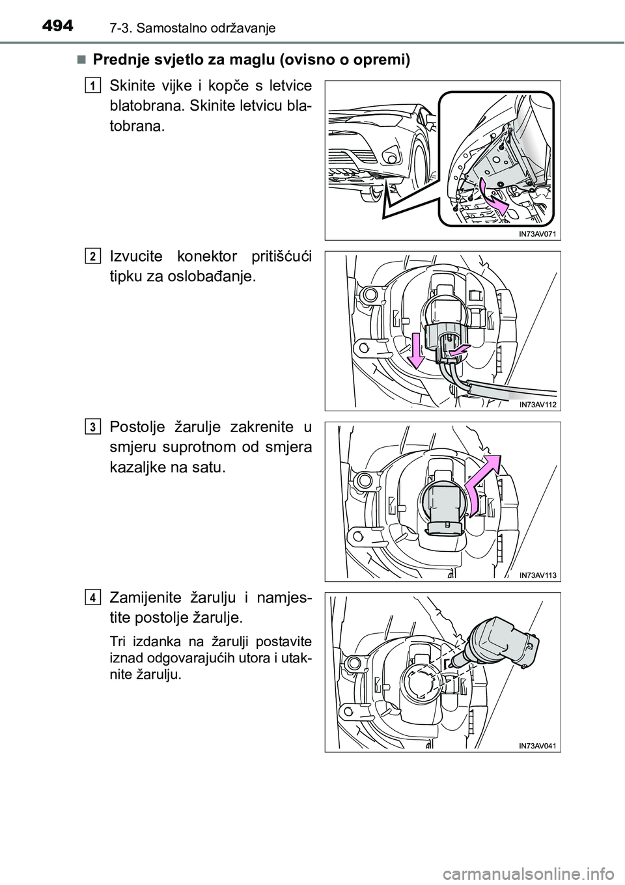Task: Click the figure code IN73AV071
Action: tap(537, 234)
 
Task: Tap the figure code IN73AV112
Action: tap(537, 404)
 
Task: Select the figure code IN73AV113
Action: tap(537, 575)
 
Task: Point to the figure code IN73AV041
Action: tap(537, 746)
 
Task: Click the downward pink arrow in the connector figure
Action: tap(416, 350)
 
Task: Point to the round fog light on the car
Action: tap(392, 159)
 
